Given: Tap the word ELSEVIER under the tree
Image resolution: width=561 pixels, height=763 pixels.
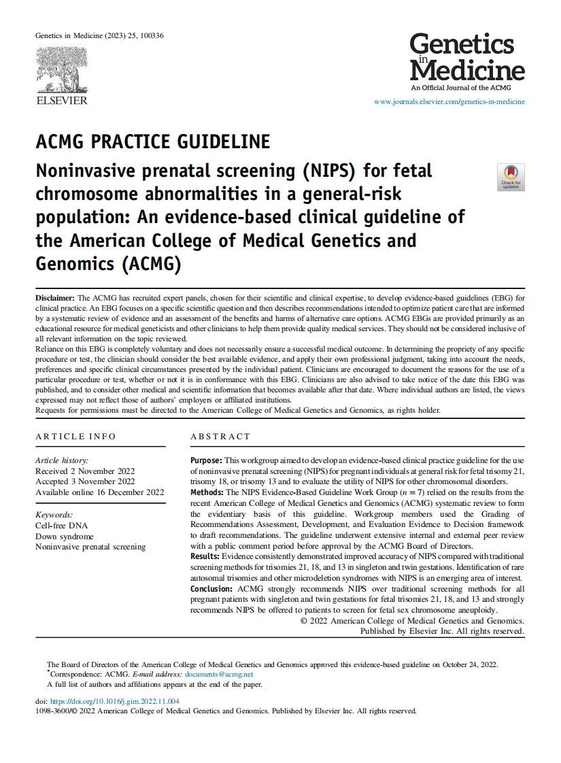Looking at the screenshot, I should point(61,101).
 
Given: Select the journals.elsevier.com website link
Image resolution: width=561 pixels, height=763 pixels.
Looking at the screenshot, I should point(449,102).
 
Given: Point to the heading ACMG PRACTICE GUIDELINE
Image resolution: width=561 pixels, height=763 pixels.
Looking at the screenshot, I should point(152,142).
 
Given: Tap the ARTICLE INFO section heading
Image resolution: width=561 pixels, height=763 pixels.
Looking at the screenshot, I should point(75,437).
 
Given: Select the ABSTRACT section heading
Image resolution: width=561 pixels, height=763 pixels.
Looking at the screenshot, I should point(220,437).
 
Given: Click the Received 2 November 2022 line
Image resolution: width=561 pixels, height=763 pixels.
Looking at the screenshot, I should point(85,471).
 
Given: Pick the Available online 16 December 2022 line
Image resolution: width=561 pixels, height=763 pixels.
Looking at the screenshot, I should point(99,492).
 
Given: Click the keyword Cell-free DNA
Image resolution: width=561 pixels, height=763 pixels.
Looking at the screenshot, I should point(61,526).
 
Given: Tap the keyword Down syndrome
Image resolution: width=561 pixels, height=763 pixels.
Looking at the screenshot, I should point(65,537).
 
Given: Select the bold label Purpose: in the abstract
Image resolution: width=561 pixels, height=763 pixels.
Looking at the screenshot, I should point(206,460).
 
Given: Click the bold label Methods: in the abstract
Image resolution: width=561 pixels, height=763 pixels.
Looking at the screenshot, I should point(207,492).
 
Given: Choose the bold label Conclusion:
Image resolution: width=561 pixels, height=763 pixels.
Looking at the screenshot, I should point(211,588).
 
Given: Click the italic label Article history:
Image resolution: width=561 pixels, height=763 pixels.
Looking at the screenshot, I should point(62,460).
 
